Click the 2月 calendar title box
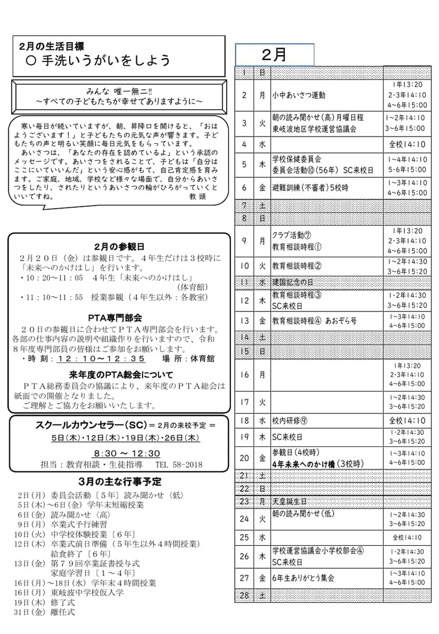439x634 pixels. (x=274, y=55)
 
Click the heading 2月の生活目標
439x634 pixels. (x=51, y=47)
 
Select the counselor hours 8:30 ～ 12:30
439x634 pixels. (x=126, y=454)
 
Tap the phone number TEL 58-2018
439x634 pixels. (x=179, y=465)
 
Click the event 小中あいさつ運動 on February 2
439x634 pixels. (x=299, y=95)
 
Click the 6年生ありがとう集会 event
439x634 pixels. (x=303, y=578)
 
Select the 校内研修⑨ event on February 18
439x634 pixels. (x=290, y=421)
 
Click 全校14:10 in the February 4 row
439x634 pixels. (x=407, y=145)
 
